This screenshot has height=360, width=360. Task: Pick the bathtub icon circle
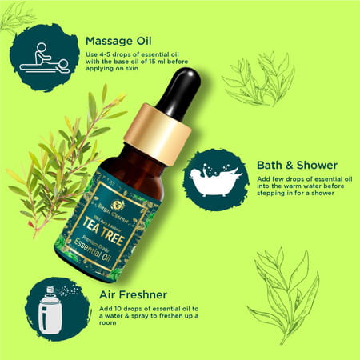click(x=215, y=179)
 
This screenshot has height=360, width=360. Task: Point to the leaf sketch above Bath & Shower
click(x=256, y=80)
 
